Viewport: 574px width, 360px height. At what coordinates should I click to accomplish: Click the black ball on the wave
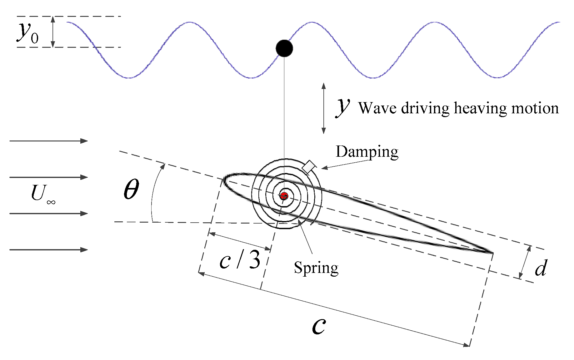[x=284, y=48]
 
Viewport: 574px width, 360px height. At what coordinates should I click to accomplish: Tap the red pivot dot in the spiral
[x=284, y=196]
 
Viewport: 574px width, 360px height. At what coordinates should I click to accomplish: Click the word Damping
[x=367, y=152]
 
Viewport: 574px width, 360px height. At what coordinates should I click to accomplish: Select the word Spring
[x=316, y=268]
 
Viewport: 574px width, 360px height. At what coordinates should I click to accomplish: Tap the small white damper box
[x=309, y=167]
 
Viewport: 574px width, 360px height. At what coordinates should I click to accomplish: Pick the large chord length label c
[x=319, y=326]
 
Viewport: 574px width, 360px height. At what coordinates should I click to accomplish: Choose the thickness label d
[x=541, y=268]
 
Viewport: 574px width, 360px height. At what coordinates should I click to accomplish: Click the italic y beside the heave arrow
[x=343, y=107]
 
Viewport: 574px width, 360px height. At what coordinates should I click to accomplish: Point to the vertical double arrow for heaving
[x=324, y=108]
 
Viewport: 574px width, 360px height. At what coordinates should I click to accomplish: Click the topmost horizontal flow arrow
[x=48, y=141]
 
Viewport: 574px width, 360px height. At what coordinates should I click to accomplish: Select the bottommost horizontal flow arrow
[x=48, y=250]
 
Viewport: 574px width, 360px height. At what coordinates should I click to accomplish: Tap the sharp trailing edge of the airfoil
[x=491, y=252]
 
